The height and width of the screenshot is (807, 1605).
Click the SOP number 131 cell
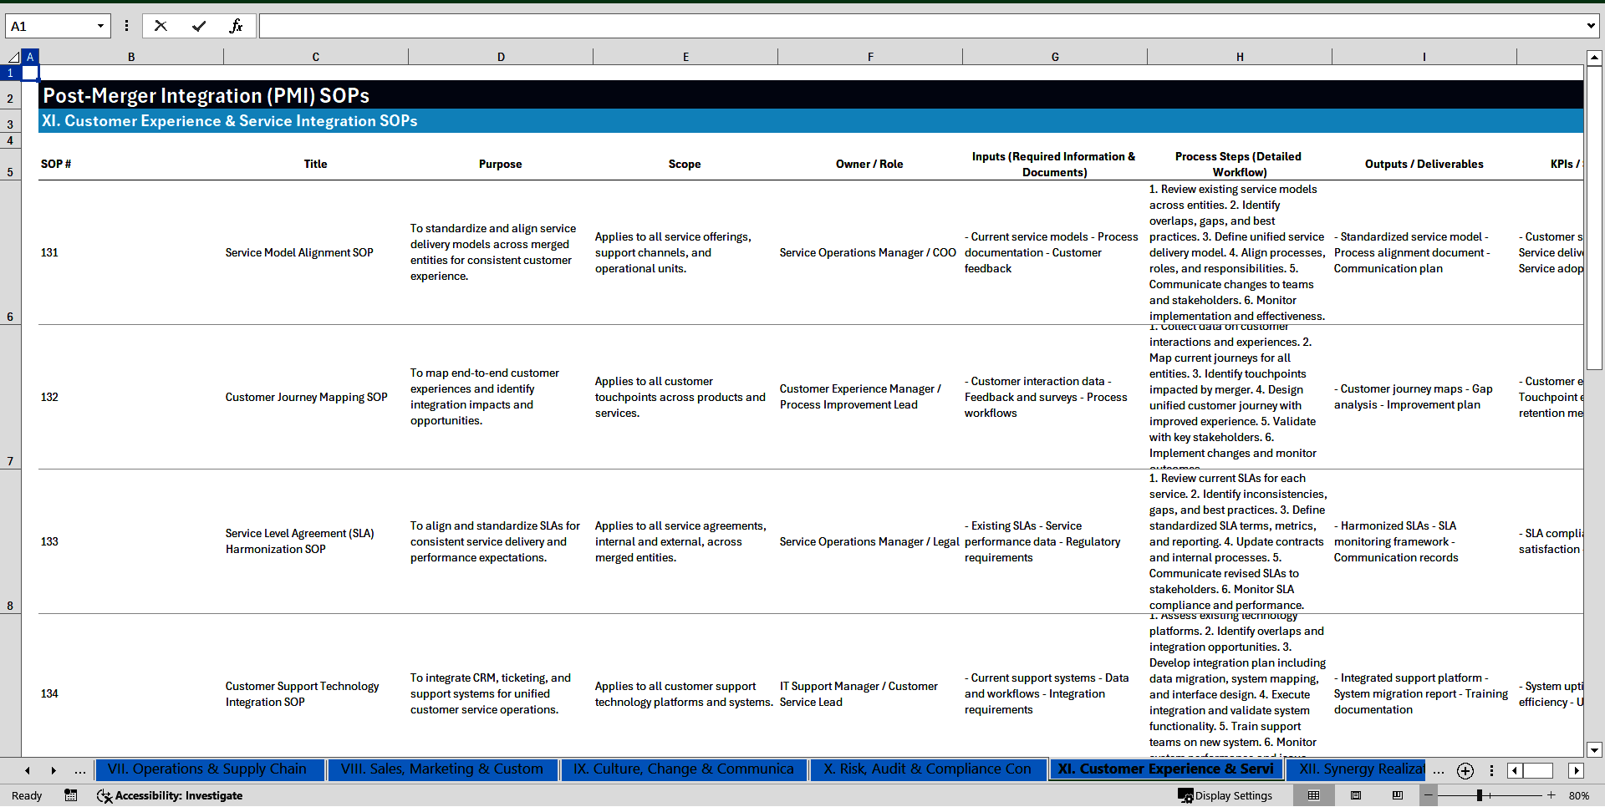pos(50,252)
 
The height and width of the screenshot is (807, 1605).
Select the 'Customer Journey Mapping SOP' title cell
pos(306,397)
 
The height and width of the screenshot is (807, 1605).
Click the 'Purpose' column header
pos(500,164)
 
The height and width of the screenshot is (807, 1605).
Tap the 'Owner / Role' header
pos(869,164)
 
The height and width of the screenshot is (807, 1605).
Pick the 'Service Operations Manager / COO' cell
pos(867,252)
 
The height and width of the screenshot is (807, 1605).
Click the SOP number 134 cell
pos(50,693)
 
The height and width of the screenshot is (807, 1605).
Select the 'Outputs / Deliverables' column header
pos(1424,164)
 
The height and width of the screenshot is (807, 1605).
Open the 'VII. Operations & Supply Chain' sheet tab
pos(207,769)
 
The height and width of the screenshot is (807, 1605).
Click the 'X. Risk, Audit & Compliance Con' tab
pos(927,769)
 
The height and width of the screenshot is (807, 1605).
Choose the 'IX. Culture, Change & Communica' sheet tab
pos(683,769)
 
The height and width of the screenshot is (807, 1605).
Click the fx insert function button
pos(236,26)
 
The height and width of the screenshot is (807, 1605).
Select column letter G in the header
pos(1054,57)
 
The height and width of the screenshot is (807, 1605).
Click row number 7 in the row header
pos(10,461)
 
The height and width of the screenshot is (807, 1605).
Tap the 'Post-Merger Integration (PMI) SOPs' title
pos(206,95)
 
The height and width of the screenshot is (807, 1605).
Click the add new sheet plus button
pos(1465,770)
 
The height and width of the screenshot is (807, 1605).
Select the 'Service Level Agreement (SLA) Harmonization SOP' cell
pos(299,541)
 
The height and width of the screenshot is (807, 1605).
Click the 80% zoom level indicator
pos(1578,795)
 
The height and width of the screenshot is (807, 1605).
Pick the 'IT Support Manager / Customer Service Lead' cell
pos(859,693)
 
